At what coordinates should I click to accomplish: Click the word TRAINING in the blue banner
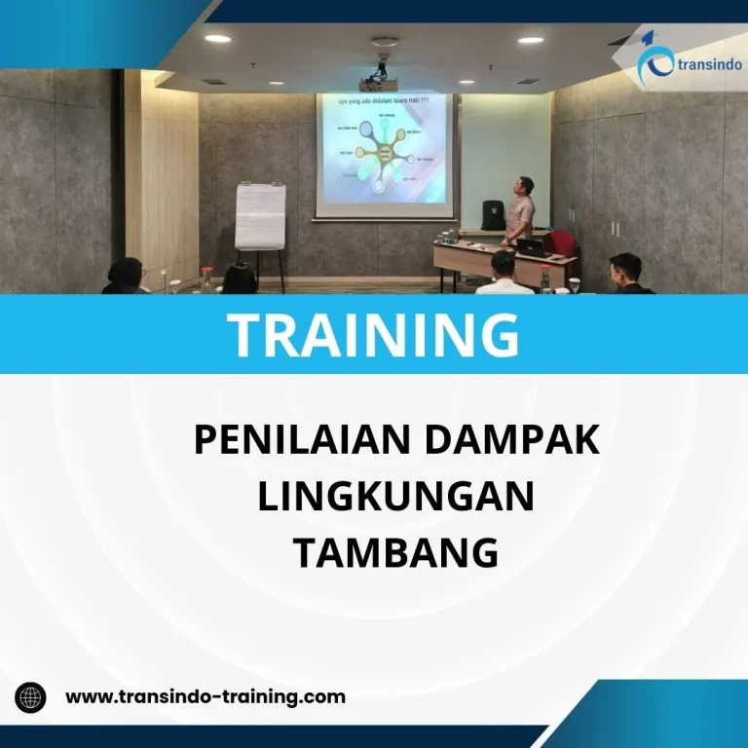coord(374,333)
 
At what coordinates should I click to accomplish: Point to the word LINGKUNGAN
coord(396,497)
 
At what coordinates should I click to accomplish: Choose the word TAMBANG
coord(396,553)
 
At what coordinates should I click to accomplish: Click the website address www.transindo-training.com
coord(205,696)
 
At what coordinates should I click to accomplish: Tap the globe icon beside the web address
coord(31,697)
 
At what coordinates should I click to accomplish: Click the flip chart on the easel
coord(260,215)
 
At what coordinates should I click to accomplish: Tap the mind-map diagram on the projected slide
coord(383,154)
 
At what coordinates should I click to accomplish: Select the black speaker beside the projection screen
coord(494,214)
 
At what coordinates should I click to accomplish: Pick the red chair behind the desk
coord(559,243)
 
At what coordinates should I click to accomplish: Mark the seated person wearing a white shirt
coord(503,275)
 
